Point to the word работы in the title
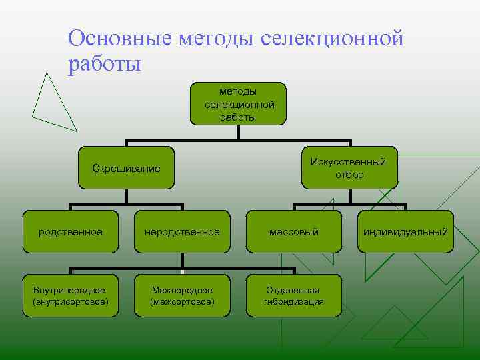(104, 65)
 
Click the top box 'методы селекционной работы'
(239, 104)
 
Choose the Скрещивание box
(127, 167)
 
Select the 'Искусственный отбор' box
(350, 167)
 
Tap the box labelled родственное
(71, 232)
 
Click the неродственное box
(183, 232)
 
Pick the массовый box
(294, 232)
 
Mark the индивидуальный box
(405, 232)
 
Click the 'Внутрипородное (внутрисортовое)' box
(71, 296)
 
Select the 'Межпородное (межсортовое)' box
(183, 296)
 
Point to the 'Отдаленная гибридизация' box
(294, 296)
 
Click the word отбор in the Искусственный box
(350, 175)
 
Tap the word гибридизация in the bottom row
(294, 302)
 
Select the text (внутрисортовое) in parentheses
(71, 302)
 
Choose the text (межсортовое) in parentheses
(183, 302)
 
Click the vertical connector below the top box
(239, 132)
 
